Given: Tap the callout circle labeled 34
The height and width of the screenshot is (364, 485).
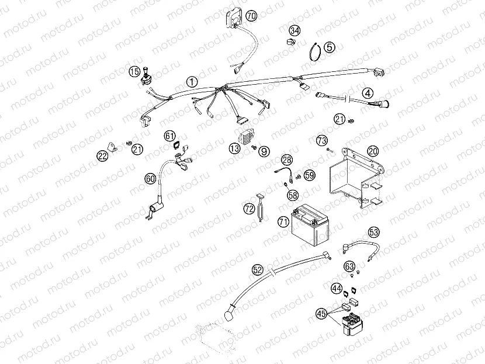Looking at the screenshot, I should [295, 30].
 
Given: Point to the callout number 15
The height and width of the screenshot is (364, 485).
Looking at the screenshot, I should [134, 72].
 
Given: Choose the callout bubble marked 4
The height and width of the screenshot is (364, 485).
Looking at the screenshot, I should [368, 93].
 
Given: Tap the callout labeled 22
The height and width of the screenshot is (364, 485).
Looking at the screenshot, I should [102, 155].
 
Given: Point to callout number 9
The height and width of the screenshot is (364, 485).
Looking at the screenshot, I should [265, 151].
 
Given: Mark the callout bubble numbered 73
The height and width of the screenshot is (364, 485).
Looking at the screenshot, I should [321, 140].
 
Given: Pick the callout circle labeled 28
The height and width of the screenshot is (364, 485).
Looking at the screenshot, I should [286, 160].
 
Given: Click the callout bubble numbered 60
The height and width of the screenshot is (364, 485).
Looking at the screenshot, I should [150, 178].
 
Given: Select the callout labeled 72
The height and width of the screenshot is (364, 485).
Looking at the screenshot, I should [250, 208].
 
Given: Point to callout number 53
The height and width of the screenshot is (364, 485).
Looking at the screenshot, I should [374, 232].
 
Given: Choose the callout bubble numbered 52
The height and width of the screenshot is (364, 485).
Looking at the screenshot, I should [258, 269].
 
